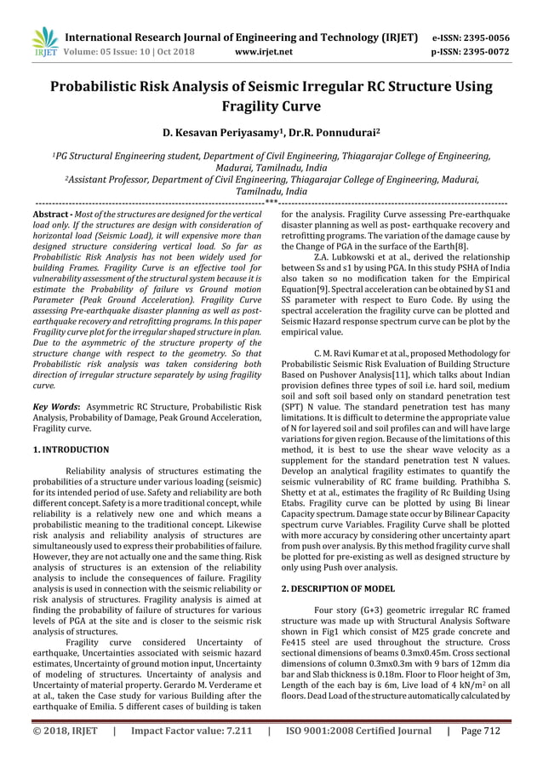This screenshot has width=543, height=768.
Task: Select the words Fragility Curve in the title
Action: [x=271, y=108]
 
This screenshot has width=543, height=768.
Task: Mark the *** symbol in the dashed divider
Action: [x=271, y=202]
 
